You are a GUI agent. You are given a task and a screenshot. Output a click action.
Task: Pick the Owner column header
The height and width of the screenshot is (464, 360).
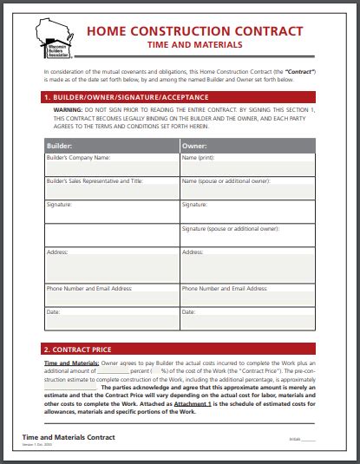pyautogui.click(x=195, y=147)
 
